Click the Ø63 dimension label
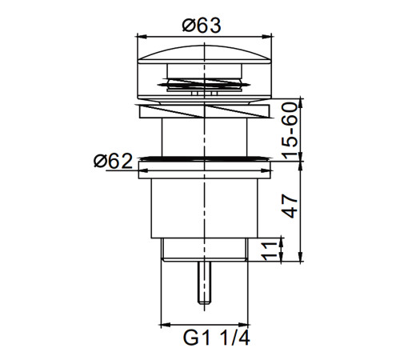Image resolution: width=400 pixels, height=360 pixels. [202, 26]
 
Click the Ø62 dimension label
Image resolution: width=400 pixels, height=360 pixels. [113, 161]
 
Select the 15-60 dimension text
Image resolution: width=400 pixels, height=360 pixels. [290, 130]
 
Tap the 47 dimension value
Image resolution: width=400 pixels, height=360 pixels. [290, 206]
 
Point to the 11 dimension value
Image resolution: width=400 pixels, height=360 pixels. [269, 251]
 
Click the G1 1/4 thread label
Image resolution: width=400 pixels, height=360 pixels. [216, 338]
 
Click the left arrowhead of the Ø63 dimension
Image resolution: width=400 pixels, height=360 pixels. [142, 37]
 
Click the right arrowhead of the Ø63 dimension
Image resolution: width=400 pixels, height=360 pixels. [266, 37]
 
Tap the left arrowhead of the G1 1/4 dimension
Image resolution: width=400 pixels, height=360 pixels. [164, 325]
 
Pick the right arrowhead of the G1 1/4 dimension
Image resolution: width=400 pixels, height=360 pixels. [243, 325]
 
